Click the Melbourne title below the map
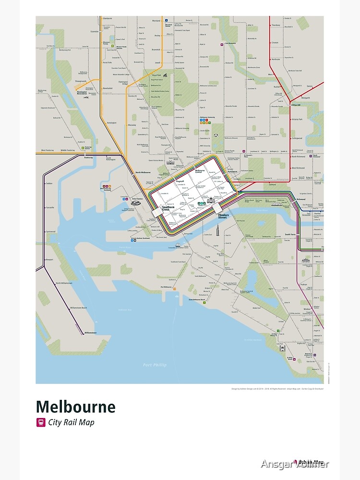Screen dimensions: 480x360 pyautogui.click(x=75, y=407)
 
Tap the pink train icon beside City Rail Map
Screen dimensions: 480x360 pyautogui.click(x=40, y=423)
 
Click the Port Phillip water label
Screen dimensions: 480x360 pyautogui.click(x=155, y=365)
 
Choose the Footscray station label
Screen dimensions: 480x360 pyautogui.click(x=88, y=157)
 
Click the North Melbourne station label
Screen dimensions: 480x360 pyautogui.click(x=143, y=172)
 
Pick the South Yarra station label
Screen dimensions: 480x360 pyautogui.click(x=290, y=234)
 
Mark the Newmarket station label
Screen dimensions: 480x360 pyautogui.click(x=107, y=88)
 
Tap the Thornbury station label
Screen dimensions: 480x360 pyautogui.click(x=276, y=25)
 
